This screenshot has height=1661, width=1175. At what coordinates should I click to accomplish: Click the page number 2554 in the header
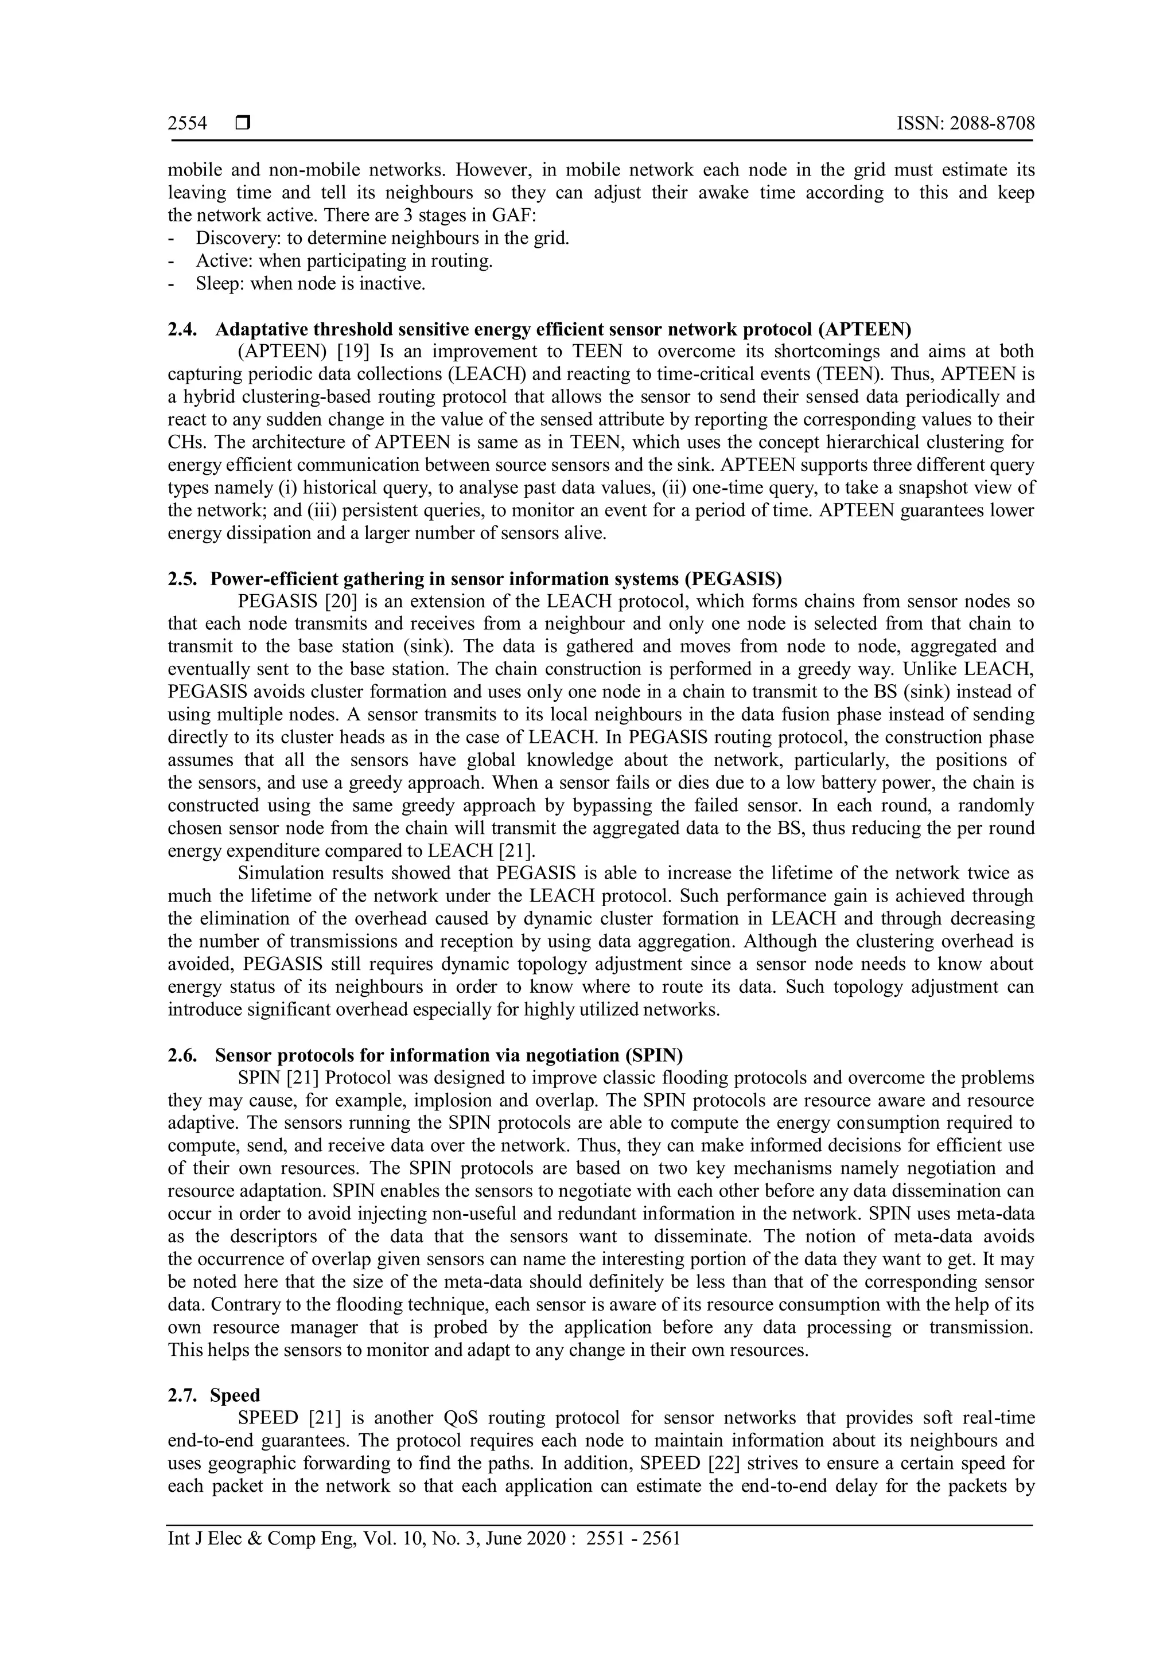click(188, 124)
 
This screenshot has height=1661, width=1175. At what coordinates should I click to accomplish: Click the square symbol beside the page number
click(242, 124)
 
